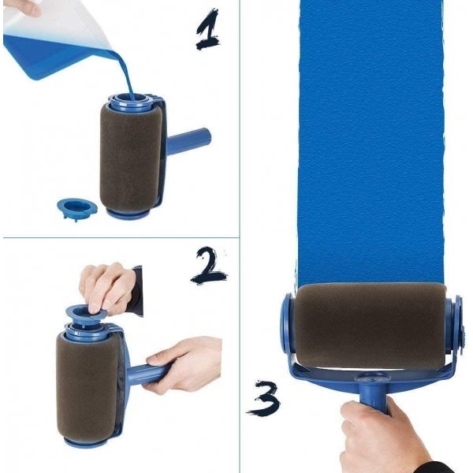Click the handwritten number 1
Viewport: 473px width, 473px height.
point(207,29)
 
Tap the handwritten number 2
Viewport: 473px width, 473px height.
point(208,266)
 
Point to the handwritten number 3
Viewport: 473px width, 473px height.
point(263,399)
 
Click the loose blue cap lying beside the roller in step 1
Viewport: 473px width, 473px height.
point(77,208)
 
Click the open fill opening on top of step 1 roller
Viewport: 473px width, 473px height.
point(131,99)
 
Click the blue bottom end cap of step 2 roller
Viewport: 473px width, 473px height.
point(85,442)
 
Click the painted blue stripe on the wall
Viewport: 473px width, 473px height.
point(371,142)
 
